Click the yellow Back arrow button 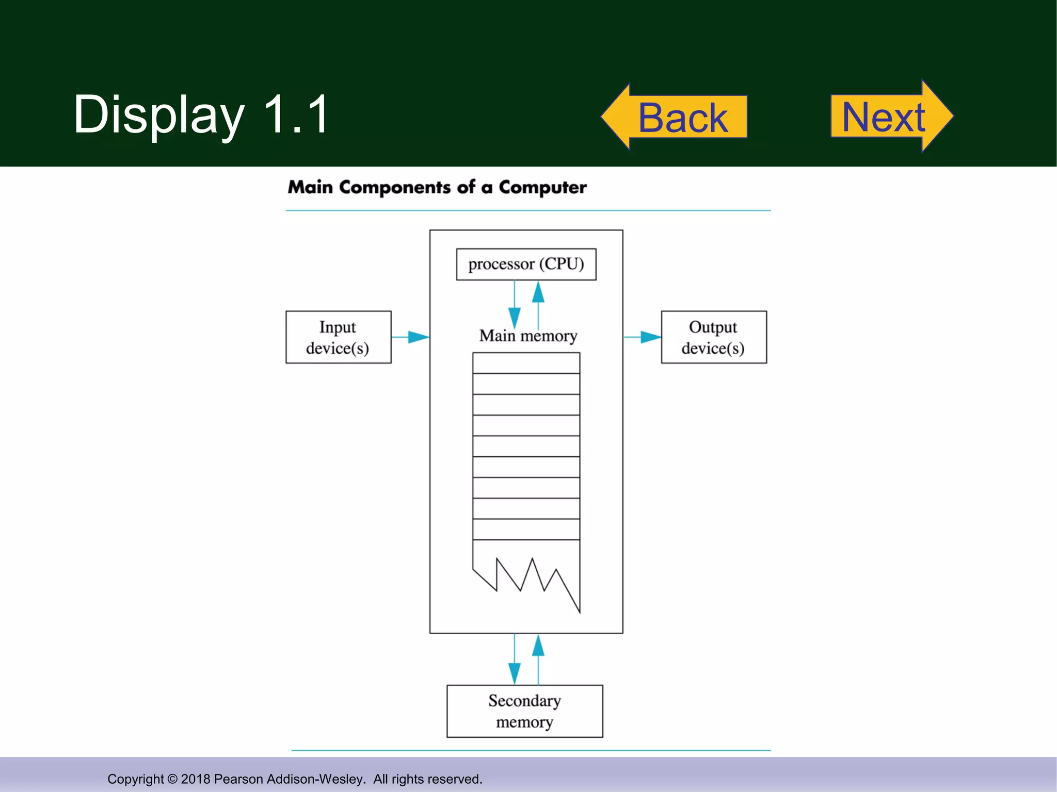[x=676, y=117]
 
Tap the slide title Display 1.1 [x=201, y=114]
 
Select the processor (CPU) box [x=526, y=264]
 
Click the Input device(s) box [x=338, y=337]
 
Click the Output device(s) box [x=713, y=337]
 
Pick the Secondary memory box [x=524, y=711]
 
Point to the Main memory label [x=527, y=336]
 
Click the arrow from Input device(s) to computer [x=417, y=337]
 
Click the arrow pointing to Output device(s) [x=649, y=337]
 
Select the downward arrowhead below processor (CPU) [x=514, y=317]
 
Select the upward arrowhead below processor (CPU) [x=538, y=292]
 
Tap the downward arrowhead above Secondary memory [x=514, y=672]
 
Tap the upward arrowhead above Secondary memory [x=538, y=646]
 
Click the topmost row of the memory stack [x=526, y=363]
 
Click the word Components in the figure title [x=395, y=187]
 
